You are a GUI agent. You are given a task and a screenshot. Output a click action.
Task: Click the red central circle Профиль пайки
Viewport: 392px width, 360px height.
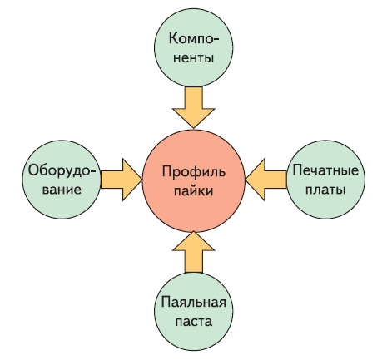tap(194, 180)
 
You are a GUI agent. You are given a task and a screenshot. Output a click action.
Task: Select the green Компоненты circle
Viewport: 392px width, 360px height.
tap(194, 47)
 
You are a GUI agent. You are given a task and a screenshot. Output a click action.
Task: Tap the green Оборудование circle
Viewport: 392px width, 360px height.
tap(62, 180)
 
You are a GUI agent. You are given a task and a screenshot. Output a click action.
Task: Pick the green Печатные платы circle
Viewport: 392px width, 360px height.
tap(325, 180)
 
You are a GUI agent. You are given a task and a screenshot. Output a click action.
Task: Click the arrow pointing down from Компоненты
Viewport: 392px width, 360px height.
tap(194, 107)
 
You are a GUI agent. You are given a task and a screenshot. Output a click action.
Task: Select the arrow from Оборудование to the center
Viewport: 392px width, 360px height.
tap(122, 180)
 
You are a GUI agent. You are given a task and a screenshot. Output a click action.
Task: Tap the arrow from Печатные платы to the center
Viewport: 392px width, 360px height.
tap(266, 180)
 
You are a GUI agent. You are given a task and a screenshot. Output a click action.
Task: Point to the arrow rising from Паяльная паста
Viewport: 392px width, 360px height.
tap(194, 252)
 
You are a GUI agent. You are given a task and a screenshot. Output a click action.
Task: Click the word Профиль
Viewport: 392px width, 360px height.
tap(194, 172)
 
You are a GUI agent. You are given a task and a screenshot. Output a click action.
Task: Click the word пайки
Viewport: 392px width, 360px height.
tap(194, 191)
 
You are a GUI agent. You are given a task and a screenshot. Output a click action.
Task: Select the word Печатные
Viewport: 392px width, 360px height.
tap(325, 170)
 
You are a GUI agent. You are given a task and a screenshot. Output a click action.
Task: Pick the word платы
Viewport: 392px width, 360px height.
tap(325, 190)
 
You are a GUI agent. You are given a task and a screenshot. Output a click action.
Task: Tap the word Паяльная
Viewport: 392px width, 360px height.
tap(194, 302)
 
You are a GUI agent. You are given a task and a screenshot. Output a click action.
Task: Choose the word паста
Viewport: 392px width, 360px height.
tap(194, 322)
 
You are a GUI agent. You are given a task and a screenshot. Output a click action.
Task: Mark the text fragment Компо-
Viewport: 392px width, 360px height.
tap(194, 38)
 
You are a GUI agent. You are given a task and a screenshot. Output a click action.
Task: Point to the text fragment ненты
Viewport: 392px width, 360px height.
tap(194, 58)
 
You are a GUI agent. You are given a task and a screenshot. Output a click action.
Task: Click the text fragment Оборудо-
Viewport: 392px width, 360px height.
tap(62, 170)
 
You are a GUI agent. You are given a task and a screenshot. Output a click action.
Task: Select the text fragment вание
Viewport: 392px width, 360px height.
tap(62, 190)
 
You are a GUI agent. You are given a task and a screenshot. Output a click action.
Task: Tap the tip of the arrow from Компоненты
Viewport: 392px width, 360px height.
tap(194, 128)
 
